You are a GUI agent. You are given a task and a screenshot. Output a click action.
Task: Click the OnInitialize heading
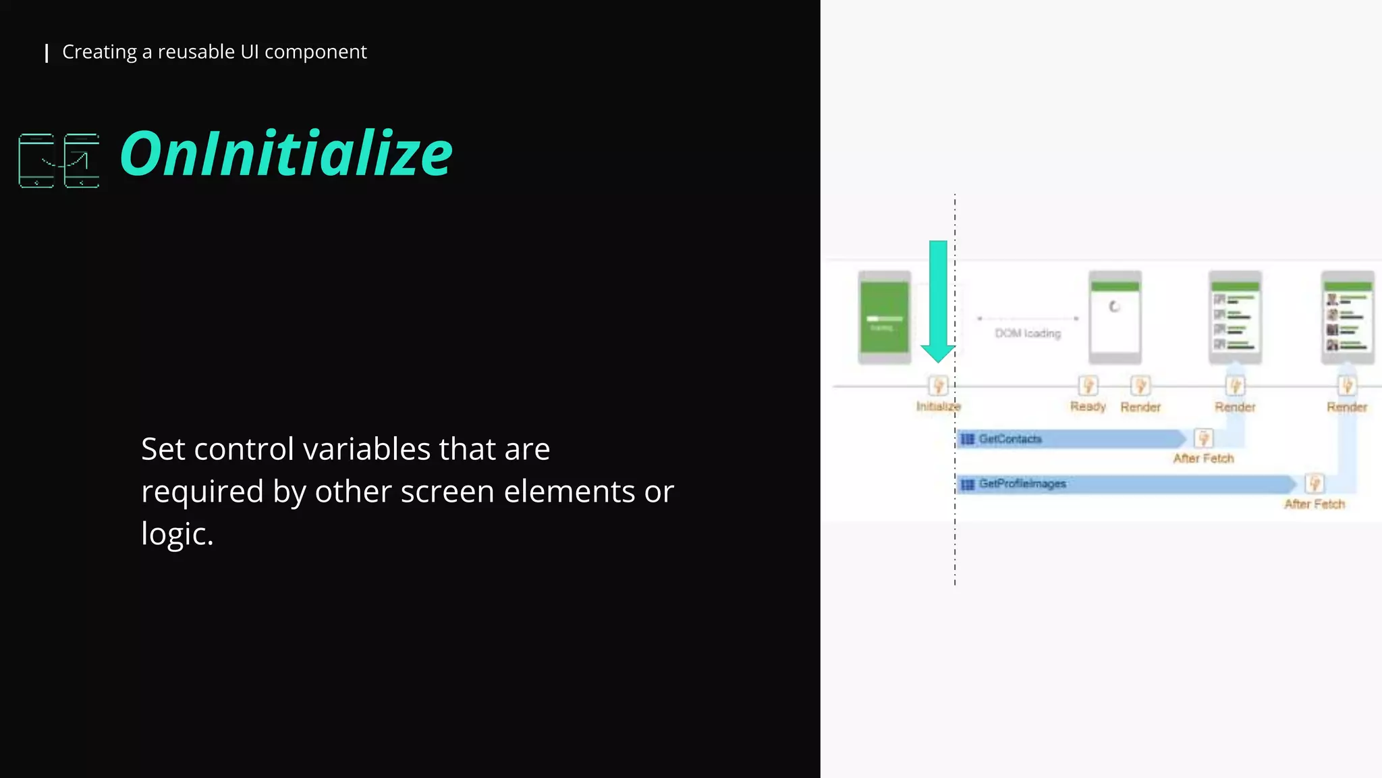[286, 154]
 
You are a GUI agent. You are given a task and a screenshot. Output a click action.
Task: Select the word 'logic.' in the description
[177, 534]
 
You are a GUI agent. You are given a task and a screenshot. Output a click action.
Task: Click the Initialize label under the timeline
[938, 407]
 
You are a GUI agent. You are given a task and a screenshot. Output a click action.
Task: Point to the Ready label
[1088, 407]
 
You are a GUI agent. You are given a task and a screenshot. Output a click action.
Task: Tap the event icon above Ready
[1088, 386]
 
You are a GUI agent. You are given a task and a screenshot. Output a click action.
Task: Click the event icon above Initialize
[938, 386]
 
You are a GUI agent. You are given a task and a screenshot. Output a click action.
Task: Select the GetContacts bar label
[1010, 439]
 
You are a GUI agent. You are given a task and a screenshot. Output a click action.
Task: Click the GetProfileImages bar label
[1022, 484]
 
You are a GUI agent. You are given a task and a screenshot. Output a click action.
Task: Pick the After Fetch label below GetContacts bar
[1203, 459]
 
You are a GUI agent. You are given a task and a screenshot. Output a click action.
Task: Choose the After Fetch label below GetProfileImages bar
[1315, 504]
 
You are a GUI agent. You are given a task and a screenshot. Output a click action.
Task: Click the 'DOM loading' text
[1028, 334]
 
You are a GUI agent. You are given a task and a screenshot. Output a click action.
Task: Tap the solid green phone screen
[884, 317]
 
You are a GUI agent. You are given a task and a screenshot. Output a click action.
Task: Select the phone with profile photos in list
[1348, 317]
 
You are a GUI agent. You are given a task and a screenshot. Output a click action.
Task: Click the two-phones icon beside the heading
[59, 161]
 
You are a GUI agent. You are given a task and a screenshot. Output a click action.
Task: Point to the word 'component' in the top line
[315, 52]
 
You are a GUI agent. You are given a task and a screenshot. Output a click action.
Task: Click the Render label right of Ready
[1140, 407]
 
